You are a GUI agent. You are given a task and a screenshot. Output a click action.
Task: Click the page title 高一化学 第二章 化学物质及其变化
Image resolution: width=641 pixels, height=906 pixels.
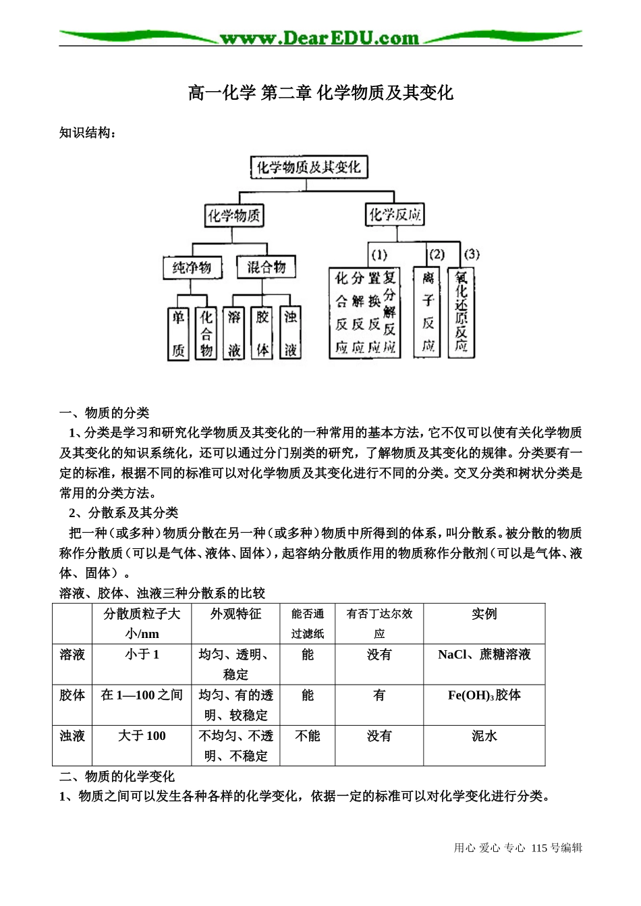click(320, 92)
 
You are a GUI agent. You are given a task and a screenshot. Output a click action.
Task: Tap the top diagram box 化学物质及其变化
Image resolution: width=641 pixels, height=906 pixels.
click(309, 167)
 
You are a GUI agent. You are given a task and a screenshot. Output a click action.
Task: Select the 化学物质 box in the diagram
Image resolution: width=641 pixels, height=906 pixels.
click(234, 215)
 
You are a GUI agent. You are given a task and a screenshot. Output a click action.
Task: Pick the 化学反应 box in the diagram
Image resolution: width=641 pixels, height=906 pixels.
click(395, 215)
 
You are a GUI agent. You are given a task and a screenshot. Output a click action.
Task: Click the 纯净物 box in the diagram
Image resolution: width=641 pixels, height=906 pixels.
click(192, 267)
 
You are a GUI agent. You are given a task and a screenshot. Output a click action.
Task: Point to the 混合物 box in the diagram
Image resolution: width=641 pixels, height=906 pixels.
click(266, 267)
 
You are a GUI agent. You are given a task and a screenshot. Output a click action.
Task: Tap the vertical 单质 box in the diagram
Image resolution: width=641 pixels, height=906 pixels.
click(178, 334)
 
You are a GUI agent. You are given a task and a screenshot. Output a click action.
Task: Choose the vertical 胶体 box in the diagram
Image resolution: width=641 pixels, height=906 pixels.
click(262, 334)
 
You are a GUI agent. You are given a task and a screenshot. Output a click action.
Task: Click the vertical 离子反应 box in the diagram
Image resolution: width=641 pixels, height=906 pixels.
click(428, 312)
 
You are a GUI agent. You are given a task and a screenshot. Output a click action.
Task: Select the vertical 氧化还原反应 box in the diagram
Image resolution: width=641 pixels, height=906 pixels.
click(461, 312)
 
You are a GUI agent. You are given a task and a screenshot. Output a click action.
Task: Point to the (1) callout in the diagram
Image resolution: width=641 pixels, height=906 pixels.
click(379, 255)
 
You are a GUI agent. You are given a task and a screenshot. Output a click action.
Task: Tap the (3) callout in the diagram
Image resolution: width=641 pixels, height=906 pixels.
click(472, 254)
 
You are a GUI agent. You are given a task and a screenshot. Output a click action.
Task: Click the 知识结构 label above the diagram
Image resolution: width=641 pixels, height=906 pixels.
click(88, 132)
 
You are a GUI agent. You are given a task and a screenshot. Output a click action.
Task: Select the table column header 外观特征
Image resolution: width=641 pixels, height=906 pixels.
click(235, 614)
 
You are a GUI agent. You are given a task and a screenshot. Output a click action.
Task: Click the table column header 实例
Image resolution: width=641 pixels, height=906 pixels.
click(484, 614)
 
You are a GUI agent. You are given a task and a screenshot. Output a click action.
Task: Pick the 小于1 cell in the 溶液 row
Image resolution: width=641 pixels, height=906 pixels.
click(142, 654)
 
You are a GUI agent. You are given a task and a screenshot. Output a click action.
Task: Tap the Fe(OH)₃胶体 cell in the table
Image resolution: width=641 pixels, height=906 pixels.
click(484, 695)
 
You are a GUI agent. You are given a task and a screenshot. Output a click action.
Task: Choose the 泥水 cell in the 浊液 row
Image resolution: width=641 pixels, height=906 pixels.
click(484, 735)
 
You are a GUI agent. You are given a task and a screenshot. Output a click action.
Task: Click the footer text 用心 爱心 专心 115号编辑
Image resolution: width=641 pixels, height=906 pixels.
click(518, 848)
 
